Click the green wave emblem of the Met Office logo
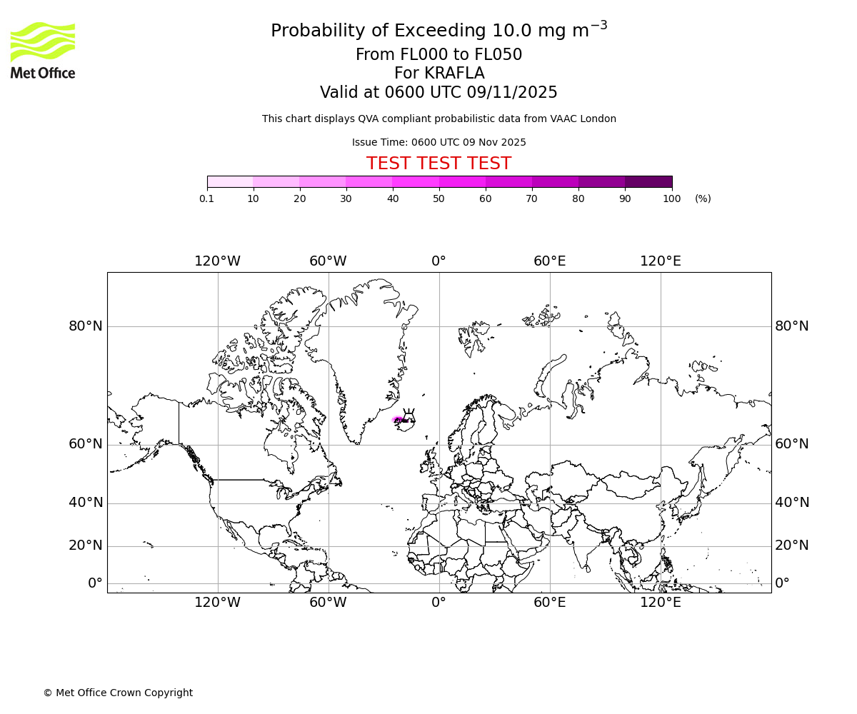tap(43, 41)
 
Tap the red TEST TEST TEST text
tap(438, 164)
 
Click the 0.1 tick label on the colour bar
tap(206, 199)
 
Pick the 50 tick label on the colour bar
tap(439, 199)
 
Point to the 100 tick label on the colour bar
tap(671, 199)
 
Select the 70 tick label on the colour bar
tap(532, 199)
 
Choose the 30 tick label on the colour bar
tap(346, 199)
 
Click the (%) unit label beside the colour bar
tap(703, 199)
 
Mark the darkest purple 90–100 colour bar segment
tap(648, 182)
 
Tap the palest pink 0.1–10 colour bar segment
tap(230, 182)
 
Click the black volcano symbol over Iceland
tap(409, 416)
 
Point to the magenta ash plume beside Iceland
tap(398, 420)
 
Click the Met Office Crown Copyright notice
tap(118, 693)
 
